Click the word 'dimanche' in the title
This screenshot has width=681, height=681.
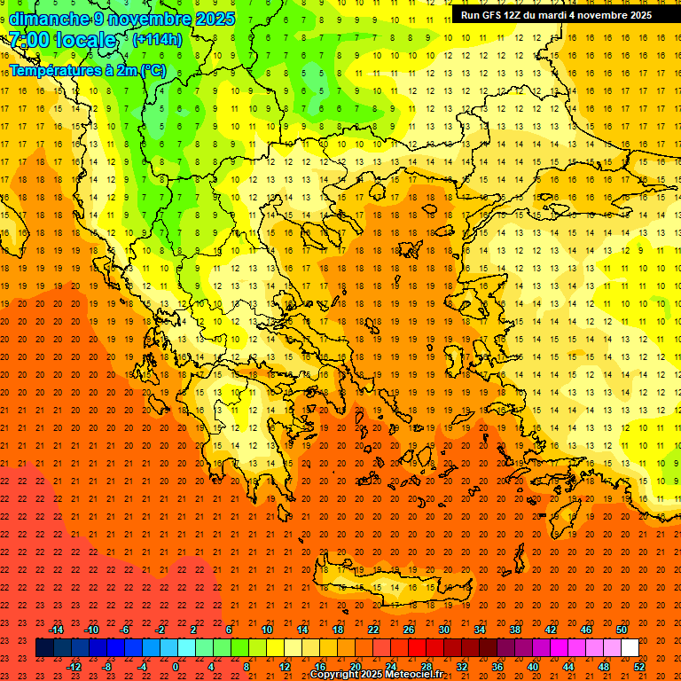48,19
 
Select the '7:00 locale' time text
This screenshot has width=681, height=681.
62,40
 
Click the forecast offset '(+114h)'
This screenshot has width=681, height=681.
157,39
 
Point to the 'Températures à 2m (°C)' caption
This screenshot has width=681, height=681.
87,70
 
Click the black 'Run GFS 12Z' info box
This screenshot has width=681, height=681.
556,15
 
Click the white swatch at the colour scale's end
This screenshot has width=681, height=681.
630,648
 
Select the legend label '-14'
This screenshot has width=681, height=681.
57,630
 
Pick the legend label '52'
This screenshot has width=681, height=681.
639,667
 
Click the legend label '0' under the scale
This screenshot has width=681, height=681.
176,667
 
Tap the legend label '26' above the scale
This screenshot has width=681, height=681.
409,630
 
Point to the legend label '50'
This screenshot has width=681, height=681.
621,630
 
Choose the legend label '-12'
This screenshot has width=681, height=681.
74,667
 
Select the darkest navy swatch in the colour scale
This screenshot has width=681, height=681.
44,648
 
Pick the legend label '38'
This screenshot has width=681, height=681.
514,630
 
